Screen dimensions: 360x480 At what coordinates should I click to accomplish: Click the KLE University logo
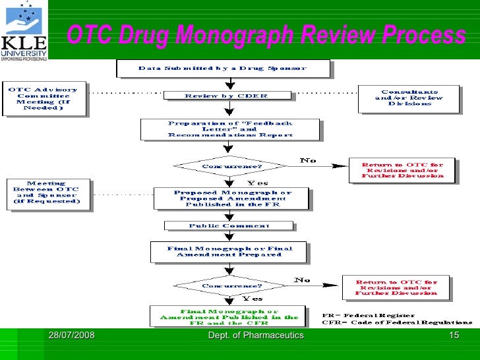[24, 31]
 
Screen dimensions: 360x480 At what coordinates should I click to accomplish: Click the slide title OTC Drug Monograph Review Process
[266, 35]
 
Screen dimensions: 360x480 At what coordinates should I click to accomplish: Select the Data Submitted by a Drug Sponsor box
[222, 69]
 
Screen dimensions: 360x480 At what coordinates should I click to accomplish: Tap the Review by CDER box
[227, 96]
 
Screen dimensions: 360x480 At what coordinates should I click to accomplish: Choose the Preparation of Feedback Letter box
[230, 129]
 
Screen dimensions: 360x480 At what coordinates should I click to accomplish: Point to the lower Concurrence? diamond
[222, 285]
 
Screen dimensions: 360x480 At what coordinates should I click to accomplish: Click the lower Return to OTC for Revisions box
[396, 287]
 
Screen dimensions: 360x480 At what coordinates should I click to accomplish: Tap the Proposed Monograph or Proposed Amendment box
[231, 198]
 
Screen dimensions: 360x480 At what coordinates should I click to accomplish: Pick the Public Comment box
[228, 225]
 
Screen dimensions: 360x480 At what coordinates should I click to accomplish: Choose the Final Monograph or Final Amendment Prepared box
[229, 251]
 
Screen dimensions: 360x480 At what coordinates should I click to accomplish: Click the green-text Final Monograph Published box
[228, 316]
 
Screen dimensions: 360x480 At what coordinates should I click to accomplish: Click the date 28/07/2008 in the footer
[71, 336]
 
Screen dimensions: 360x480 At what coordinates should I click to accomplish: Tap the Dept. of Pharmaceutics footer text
[255, 336]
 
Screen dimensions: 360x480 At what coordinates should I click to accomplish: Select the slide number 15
[453, 336]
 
